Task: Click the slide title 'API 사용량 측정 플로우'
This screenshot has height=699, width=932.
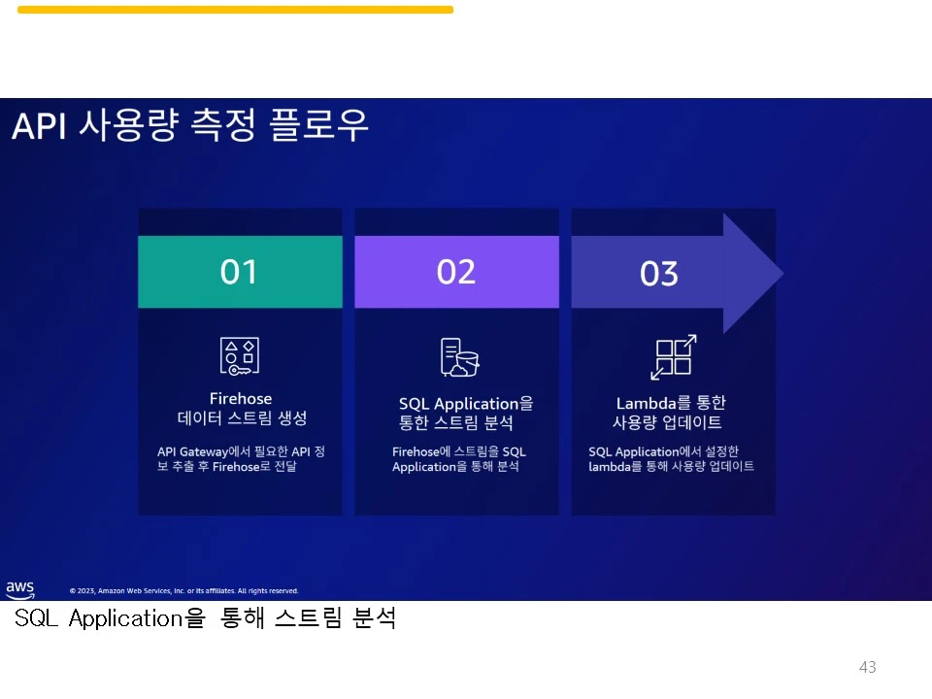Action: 190,127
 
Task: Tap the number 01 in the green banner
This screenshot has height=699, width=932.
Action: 239,272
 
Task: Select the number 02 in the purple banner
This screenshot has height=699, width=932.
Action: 455,272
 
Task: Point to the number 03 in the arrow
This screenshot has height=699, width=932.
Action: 658,274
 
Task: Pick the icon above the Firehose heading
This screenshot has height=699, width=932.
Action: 239,356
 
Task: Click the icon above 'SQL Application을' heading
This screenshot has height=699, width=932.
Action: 459,357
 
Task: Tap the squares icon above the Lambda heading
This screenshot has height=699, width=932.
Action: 673,357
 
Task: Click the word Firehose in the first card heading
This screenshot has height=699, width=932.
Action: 241,398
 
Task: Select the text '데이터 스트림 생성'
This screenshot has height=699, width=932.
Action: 242,418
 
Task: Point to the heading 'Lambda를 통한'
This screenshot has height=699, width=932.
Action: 671,403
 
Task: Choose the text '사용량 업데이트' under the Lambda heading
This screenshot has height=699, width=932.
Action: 667,423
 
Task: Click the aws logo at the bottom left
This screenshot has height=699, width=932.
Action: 19,589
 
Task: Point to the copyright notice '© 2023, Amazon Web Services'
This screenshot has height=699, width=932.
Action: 183,590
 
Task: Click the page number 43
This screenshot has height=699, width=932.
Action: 867,667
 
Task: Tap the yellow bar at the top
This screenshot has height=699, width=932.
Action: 235,10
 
